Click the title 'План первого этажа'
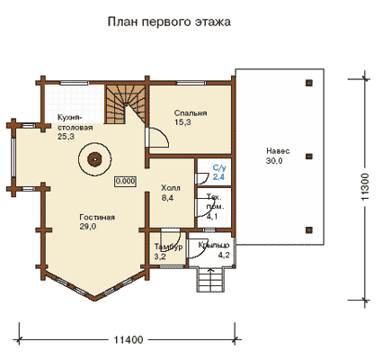point(169,22)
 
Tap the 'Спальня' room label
point(191,113)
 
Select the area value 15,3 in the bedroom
point(182,122)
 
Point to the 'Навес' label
point(278,151)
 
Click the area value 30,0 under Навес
point(274,161)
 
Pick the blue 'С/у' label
point(218,167)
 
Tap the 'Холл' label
point(171,188)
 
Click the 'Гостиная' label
point(97,217)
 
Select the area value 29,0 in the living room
point(88,227)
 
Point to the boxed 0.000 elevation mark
point(125,181)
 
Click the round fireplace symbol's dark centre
point(94,158)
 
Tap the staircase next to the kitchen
point(125,103)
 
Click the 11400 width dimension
point(129,340)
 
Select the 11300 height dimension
point(365,186)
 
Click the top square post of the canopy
point(309,83)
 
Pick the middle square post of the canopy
point(309,157)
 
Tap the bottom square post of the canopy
point(309,230)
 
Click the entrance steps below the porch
point(210,279)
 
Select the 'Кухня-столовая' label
point(76,122)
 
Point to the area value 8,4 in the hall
point(167,198)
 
